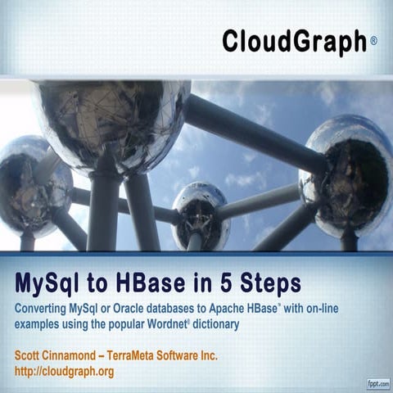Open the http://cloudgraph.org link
tap(64, 371)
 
